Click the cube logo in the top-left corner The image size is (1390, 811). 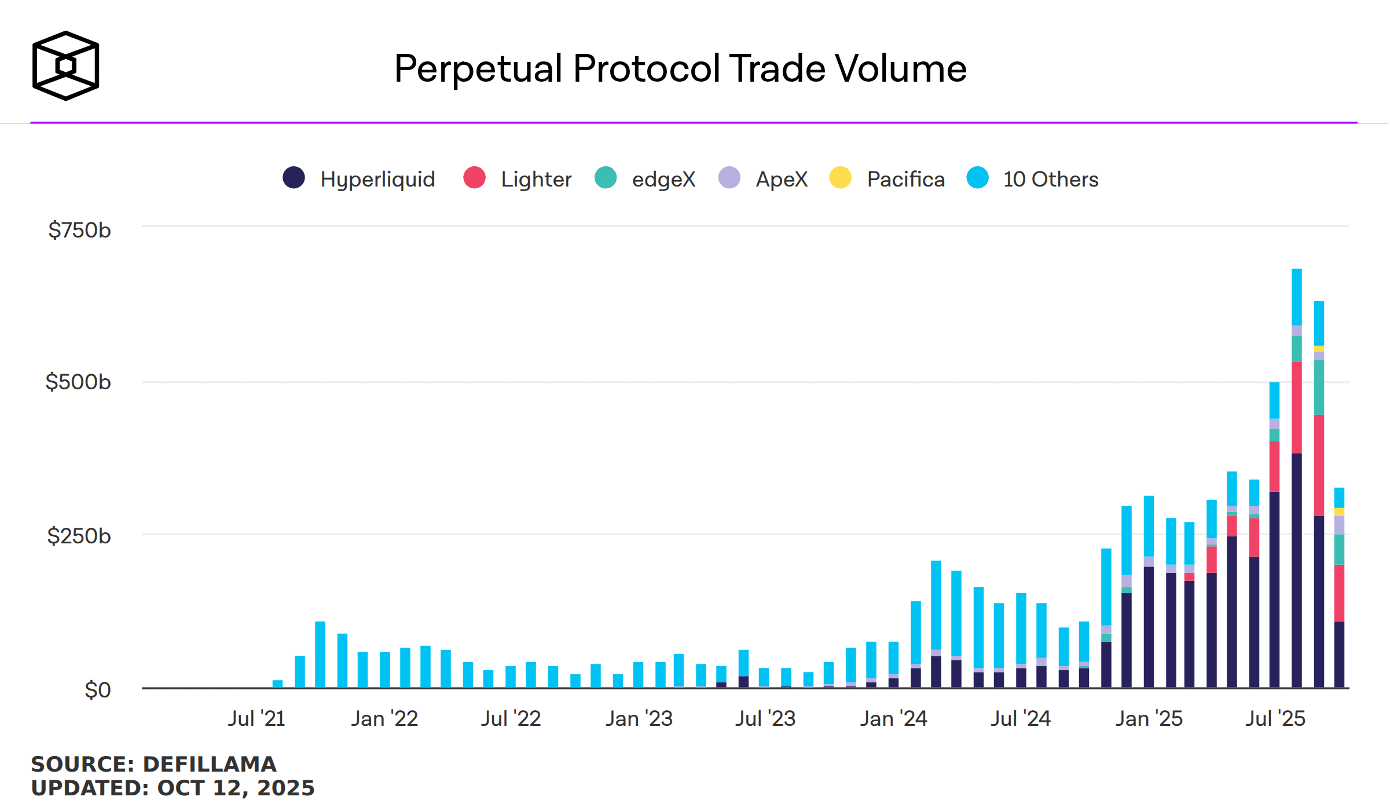[x=65, y=65]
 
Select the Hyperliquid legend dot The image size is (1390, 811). [x=294, y=177]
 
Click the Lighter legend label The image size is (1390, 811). [x=536, y=179]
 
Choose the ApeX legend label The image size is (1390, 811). [x=782, y=179]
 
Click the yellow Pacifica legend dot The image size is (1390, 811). [x=840, y=177]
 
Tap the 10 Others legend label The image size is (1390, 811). [x=1051, y=179]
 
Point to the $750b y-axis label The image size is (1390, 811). [x=79, y=230]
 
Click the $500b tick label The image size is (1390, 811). [x=78, y=382]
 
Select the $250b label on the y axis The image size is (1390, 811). [x=79, y=536]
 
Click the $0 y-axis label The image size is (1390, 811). [x=97, y=690]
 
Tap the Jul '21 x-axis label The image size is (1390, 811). [x=256, y=718]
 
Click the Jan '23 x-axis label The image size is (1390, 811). [x=639, y=718]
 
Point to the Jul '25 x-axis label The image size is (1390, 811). [x=1275, y=718]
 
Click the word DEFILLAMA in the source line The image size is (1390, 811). [x=210, y=764]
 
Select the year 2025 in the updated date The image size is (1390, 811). [x=285, y=788]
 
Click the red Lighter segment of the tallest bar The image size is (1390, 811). [x=1297, y=408]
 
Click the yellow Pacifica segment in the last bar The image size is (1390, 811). [x=1339, y=512]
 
